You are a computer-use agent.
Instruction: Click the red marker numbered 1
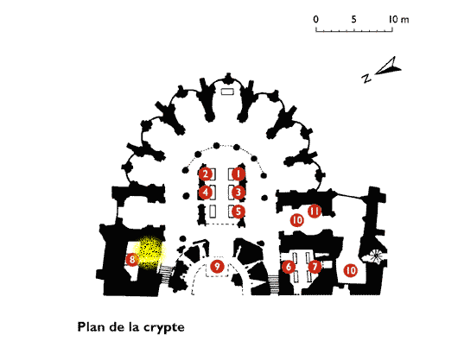tap(239, 174)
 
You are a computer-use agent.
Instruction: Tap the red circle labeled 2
tap(206, 174)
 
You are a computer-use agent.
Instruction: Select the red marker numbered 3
tap(239, 193)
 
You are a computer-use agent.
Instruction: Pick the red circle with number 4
tap(206, 193)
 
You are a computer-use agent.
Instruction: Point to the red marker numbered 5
tap(239, 212)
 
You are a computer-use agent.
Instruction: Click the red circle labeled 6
tap(289, 267)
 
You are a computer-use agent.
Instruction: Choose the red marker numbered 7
tap(315, 267)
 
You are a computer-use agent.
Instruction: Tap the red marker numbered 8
tap(132, 259)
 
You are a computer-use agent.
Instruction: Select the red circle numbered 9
tap(217, 266)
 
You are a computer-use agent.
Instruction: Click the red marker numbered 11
tap(315, 211)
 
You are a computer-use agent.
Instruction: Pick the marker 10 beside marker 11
tap(297, 219)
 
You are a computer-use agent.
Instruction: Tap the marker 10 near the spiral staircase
tap(351, 270)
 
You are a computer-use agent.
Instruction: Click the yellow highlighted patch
tap(149, 252)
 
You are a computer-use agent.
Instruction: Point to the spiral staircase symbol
tap(376, 256)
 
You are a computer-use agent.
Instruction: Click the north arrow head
tap(389, 66)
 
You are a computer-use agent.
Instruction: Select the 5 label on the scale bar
tap(353, 19)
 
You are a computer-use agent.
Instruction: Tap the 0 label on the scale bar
tap(315, 19)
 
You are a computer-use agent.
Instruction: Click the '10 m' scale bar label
tap(398, 19)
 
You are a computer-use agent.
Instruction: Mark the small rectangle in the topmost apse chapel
tap(227, 92)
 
